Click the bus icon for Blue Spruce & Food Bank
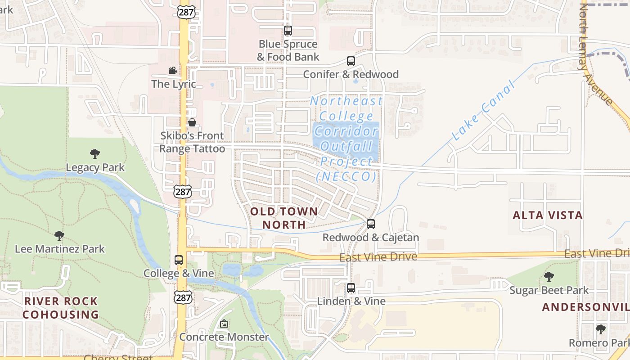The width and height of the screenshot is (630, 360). click(x=288, y=31)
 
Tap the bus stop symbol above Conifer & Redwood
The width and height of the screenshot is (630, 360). click(x=351, y=61)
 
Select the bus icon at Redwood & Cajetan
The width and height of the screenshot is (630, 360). click(x=371, y=224)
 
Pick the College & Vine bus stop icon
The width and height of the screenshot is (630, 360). click(x=179, y=260)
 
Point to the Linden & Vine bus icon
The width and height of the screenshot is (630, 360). click(x=351, y=288)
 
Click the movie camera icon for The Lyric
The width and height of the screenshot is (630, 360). click(x=173, y=70)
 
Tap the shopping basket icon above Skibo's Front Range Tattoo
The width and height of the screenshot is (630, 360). click(x=192, y=122)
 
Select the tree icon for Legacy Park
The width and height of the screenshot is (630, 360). click(x=95, y=154)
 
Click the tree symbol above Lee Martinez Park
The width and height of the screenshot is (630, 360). click(x=59, y=235)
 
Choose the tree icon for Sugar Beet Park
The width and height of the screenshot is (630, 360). click(x=549, y=277)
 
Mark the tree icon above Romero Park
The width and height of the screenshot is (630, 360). click(x=600, y=329)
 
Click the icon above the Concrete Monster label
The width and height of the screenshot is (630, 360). click(x=224, y=324)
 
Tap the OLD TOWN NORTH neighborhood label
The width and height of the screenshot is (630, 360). click(x=284, y=218)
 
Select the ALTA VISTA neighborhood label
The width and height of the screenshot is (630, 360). click(x=548, y=215)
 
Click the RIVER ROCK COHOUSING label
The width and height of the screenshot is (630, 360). click(x=61, y=308)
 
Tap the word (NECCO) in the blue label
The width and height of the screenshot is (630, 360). click(x=346, y=176)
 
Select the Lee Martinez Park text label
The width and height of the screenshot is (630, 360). click(x=60, y=249)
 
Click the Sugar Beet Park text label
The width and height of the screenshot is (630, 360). click(x=549, y=290)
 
